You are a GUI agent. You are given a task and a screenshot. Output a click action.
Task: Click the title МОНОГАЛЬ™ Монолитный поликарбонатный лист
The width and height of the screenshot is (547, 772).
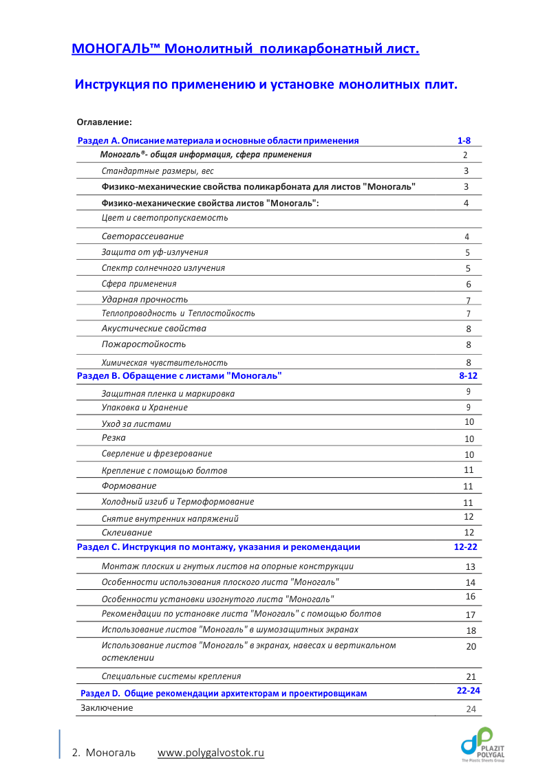point(246,49)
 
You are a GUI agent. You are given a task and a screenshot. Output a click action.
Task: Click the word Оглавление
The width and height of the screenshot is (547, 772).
point(104,122)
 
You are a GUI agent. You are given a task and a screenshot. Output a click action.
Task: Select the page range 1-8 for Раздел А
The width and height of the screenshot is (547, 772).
point(464,140)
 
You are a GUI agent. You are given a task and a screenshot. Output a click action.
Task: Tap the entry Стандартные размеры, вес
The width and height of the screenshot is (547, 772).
point(158,171)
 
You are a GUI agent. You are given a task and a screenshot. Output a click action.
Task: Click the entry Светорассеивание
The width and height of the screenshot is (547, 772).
point(142,236)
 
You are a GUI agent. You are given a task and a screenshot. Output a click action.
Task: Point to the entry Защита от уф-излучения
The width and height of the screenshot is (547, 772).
point(155,252)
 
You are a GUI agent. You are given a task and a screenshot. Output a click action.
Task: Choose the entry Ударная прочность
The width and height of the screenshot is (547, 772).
point(144,300)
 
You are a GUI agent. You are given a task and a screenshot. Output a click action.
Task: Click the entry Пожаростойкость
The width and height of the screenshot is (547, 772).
point(144,344)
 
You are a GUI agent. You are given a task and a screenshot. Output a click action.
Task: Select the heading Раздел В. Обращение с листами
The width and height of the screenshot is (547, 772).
point(180,376)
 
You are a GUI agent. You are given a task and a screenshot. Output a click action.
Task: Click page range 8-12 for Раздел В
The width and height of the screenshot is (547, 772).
point(468,376)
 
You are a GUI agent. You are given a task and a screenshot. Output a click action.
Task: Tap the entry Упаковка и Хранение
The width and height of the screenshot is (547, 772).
point(144,408)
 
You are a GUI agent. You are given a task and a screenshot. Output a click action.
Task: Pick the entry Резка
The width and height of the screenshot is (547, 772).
point(114,438)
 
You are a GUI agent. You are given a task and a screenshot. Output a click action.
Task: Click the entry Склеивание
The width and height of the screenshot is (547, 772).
point(127,533)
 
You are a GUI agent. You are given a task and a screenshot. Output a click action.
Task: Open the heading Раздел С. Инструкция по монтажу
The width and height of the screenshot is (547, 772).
point(219,547)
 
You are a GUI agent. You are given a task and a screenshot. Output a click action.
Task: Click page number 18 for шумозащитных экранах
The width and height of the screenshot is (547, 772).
point(471,630)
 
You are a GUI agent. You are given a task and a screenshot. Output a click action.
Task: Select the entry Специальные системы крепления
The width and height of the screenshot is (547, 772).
point(171,676)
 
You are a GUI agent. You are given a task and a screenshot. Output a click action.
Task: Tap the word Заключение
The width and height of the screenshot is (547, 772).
point(107,707)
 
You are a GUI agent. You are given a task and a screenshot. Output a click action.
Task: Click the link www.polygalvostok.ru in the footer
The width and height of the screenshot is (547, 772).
point(211,753)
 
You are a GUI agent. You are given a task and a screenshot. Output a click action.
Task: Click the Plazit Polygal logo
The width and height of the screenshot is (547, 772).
point(482,744)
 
